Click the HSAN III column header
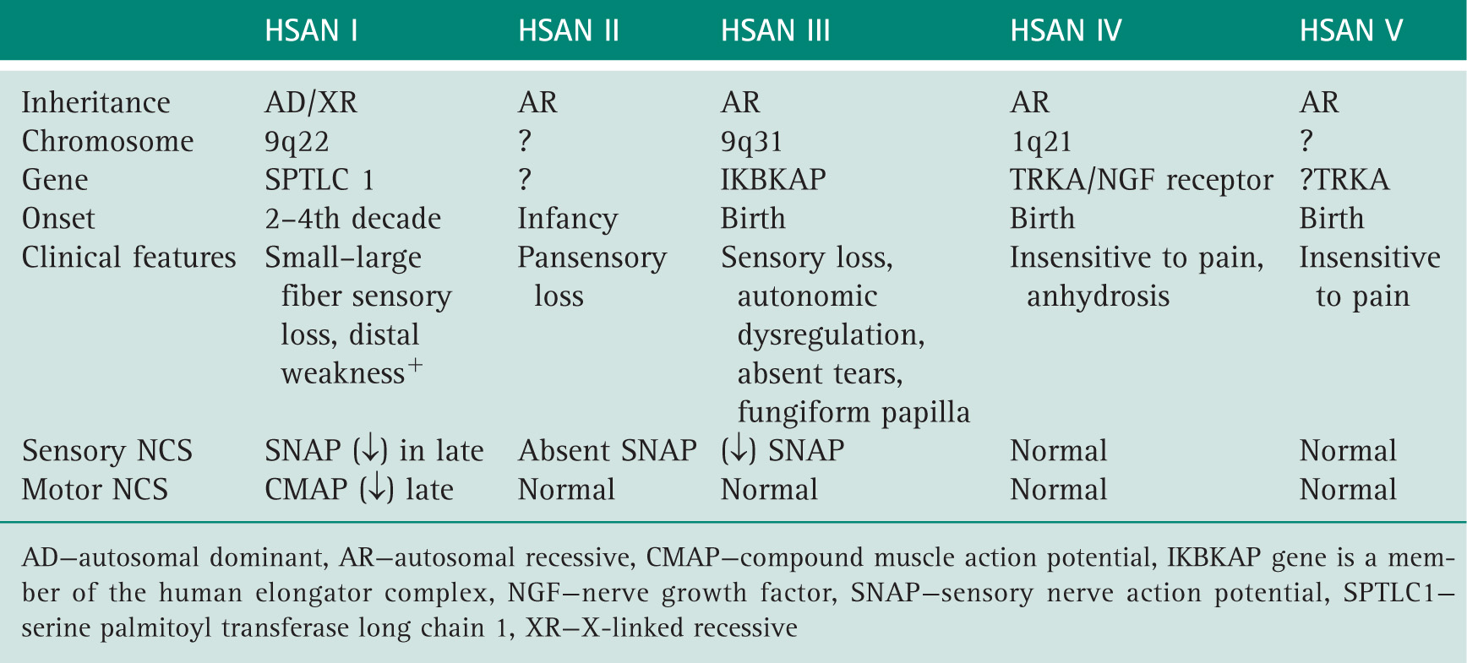pos(775,31)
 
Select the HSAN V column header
pos(1350,31)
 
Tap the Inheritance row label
pos(95,102)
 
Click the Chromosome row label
pos(107,141)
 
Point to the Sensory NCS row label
pos(107,451)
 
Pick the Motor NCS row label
pos(95,490)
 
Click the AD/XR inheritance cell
pos(311,102)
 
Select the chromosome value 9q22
pos(297,142)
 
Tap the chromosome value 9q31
pos(751,142)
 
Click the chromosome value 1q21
pos(1041,142)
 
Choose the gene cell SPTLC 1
pos(319,180)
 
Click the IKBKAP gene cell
pos(773,180)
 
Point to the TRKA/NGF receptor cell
pos(1142,180)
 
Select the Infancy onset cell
pos(568,219)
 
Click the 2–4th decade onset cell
pos(352,219)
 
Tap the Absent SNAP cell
pos(608,451)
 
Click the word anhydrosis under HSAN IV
pos(1098,296)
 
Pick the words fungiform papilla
pos(853,412)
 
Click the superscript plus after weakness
pos(415,366)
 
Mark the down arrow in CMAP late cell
pos(377,490)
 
